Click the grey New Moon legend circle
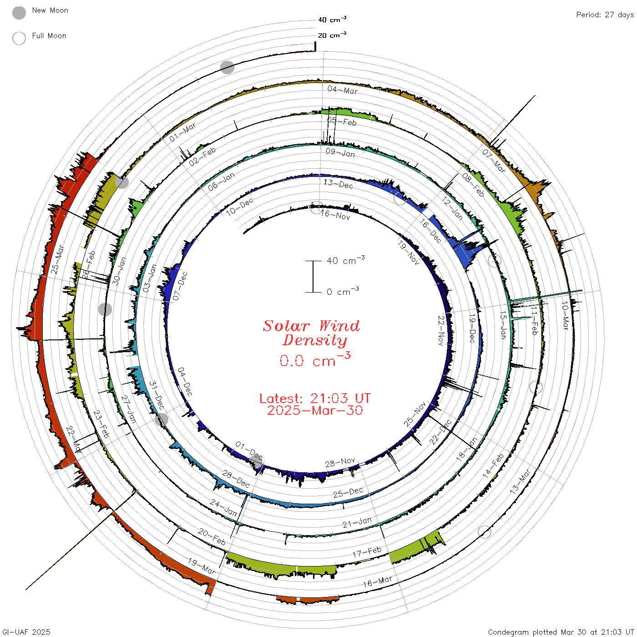click(x=19, y=13)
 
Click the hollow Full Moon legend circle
click(x=19, y=38)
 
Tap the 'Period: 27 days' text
click(x=605, y=15)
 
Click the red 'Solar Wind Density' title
click(x=311, y=333)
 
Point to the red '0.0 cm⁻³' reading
click(x=315, y=359)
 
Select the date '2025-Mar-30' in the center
click(x=315, y=410)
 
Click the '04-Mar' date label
click(x=343, y=90)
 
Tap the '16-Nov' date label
click(x=335, y=214)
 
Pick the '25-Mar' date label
click(x=57, y=260)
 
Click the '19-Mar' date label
click(x=202, y=566)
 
